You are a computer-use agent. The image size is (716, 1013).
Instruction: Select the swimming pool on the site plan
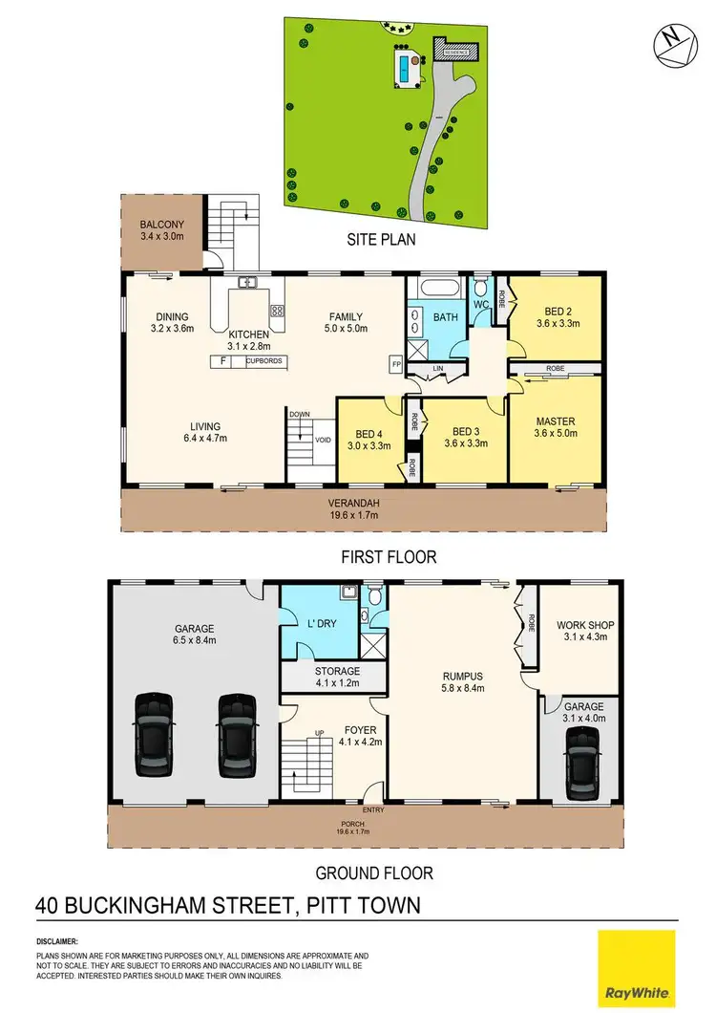click(407, 68)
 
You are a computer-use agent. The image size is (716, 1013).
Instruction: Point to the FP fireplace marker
click(395, 363)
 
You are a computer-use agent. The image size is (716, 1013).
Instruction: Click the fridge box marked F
click(222, 361)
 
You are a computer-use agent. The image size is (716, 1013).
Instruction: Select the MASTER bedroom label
click(556, 420)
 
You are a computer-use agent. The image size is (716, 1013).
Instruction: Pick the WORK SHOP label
click(585, 626)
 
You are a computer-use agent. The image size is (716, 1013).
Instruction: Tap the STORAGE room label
click(337, 672)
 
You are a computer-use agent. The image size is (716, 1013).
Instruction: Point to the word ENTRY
click(373, 811)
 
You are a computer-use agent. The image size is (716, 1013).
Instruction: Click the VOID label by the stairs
click(322, 441)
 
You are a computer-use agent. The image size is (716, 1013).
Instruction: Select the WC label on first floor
click(480, 305)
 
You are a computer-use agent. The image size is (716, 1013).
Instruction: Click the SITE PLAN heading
click(381, 240)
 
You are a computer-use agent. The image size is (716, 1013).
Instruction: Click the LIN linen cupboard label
click(438, 368)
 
